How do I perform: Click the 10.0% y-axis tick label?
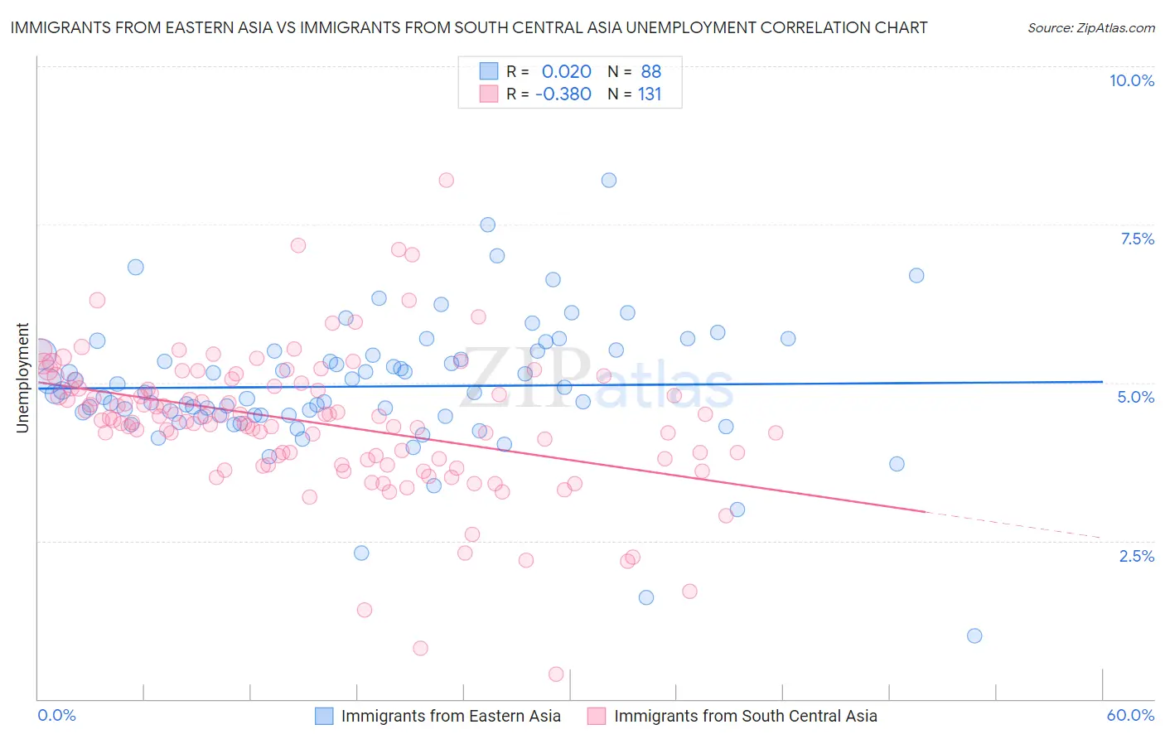[x=1131, y=80]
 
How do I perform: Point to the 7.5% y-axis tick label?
[x=1137, y=239]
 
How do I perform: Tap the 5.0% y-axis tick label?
[x=1135, y=397]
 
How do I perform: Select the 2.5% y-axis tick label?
[x=1136, y=556]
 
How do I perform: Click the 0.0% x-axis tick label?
[x=56, y=715]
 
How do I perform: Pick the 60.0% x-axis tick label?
[x=1130, y=715]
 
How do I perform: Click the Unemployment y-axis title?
[x=22, y=378]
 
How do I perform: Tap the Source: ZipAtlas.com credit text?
[x=1090, y=27]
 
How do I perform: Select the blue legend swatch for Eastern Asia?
[x=324, y=716]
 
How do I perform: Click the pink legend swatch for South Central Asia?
[x=597, y=716]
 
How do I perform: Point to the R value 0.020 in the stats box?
[x=566, y=71]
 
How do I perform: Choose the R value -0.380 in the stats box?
[x=563, y=94]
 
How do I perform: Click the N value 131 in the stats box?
[x=650, y=94]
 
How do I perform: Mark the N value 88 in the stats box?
[x=650, y=71]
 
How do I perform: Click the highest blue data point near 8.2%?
[x=609, y=180]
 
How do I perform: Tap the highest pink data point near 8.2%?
[x=447, y=180]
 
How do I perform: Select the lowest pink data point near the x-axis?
[x=556, y=674]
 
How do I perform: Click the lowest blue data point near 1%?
[x=974, y=635]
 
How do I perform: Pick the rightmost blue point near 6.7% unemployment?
[x=916, y=275]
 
